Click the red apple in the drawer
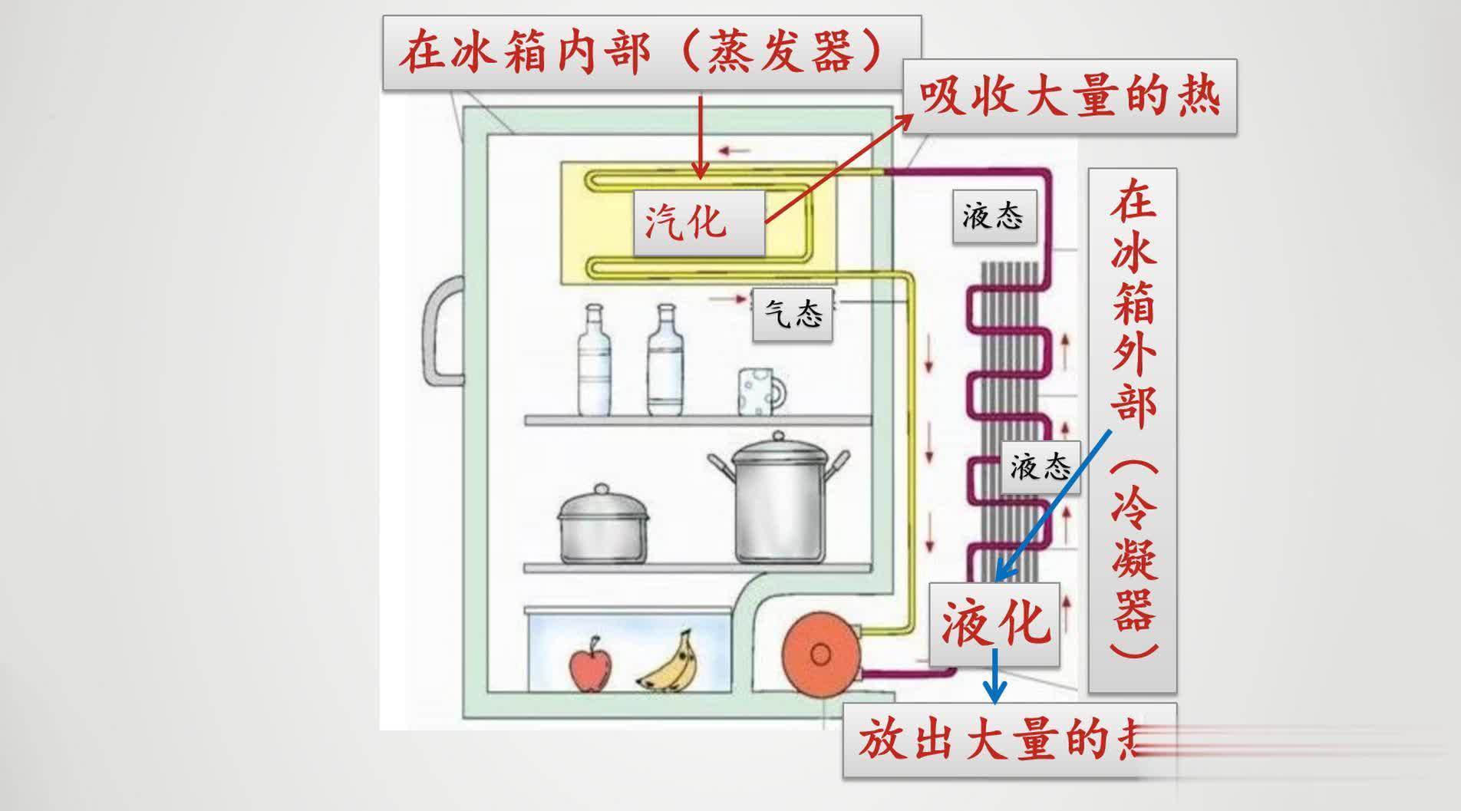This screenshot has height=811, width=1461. (590, 665)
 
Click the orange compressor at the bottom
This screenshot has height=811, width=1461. (819, 654)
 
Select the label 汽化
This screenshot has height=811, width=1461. (698, 223)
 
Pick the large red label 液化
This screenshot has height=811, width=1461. (994, 623)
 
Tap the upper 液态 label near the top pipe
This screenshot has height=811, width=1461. (994, 216)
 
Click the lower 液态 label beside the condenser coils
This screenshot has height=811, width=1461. (1040, 466)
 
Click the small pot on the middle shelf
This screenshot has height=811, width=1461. (602, 526)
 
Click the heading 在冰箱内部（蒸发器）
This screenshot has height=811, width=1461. (651, 52)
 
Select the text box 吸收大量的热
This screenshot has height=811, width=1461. (1069, 97)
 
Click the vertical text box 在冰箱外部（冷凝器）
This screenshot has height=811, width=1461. (1132, 430)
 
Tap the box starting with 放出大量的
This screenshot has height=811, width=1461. (998, 741)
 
